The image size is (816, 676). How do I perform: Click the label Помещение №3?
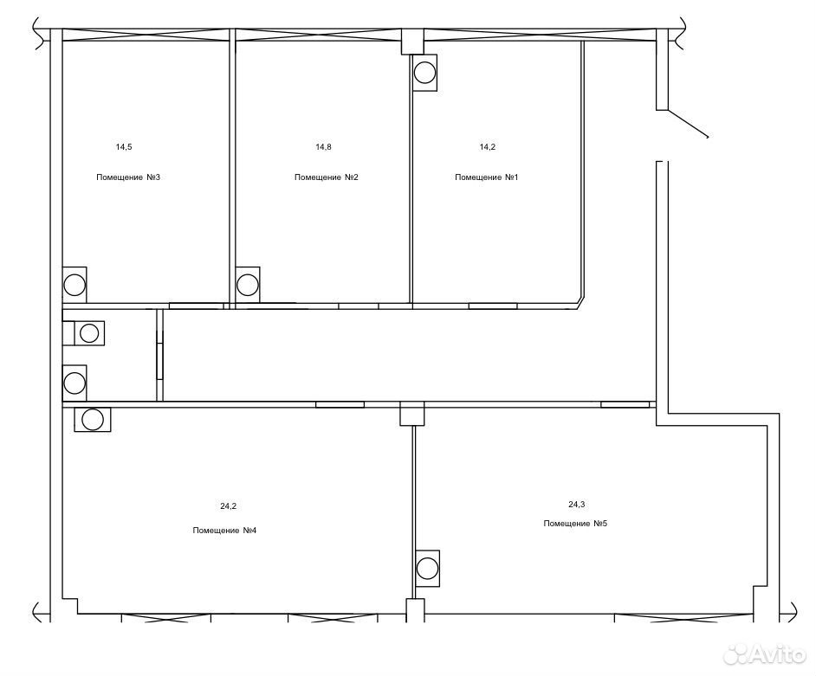pyautogui.click(x=128, y=177)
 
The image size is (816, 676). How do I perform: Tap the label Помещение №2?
pyautogui.click(x=327, y=177)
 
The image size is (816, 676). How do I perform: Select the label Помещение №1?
pyautogui.click(x=487, y=177)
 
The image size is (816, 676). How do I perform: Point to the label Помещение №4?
pyautogui.click(x=224, y=531)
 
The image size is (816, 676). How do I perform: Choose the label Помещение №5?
pyautogui.click(x=575, y=523)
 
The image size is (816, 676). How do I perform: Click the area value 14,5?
pyautogui.click(x=124, y=147)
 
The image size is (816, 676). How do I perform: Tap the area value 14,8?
pyautogui.click(x=323, y=147)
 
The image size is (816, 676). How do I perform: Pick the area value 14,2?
pyautogui.click(x=487, y=147)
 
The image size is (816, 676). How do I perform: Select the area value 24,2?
pyautogui.click(x=229, y=506)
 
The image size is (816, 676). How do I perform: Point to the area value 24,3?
pyautogui.click(x=576, y=504)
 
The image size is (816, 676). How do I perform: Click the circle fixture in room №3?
pyautogui.click(x=74, y=285)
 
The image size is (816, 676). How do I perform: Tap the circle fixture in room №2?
pyautogui.click(x=247, y=285)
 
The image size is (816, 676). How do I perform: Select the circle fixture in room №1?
pyautogui.click(x=424, y=73)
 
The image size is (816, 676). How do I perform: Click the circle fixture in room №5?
pyautogui.click(x=427, y=568)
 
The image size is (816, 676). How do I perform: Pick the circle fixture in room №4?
pyautogui.click(x=93, y=419)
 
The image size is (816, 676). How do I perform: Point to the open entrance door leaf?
pyautogui.click(x=688, y=124)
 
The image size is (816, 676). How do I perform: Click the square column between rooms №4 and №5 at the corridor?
pyautogui.click(x=411, y=414)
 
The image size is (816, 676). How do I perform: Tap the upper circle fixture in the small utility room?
pyautogui.click(x=89, y=332)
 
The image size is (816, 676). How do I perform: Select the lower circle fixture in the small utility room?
pyautogui.click(x=74, y=383)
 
